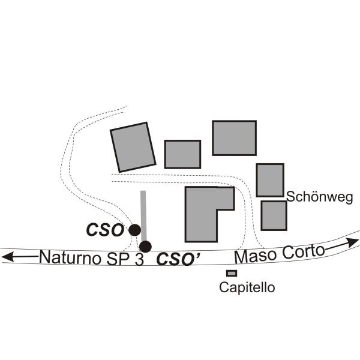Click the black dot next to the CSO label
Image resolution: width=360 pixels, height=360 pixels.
pos(135,230)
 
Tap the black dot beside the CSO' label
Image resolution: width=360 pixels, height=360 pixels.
pos(145,246)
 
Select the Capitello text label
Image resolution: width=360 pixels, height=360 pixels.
pos(247,287)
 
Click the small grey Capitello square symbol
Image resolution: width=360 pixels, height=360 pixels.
pos(232,273)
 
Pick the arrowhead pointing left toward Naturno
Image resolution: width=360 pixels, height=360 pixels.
pos(7,257)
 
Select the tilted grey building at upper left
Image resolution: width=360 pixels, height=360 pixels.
pos(133,147)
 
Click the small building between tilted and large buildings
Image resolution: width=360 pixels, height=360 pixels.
pos(182,154)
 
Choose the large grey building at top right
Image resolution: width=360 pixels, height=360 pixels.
pos(234,137)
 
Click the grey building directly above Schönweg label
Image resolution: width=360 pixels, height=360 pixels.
pos(270,179)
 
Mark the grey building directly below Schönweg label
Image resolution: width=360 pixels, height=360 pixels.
pos(274,215)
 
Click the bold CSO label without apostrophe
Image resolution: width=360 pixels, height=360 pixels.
pos(105,230)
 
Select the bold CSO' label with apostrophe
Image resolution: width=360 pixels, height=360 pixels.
pos(178,259)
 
